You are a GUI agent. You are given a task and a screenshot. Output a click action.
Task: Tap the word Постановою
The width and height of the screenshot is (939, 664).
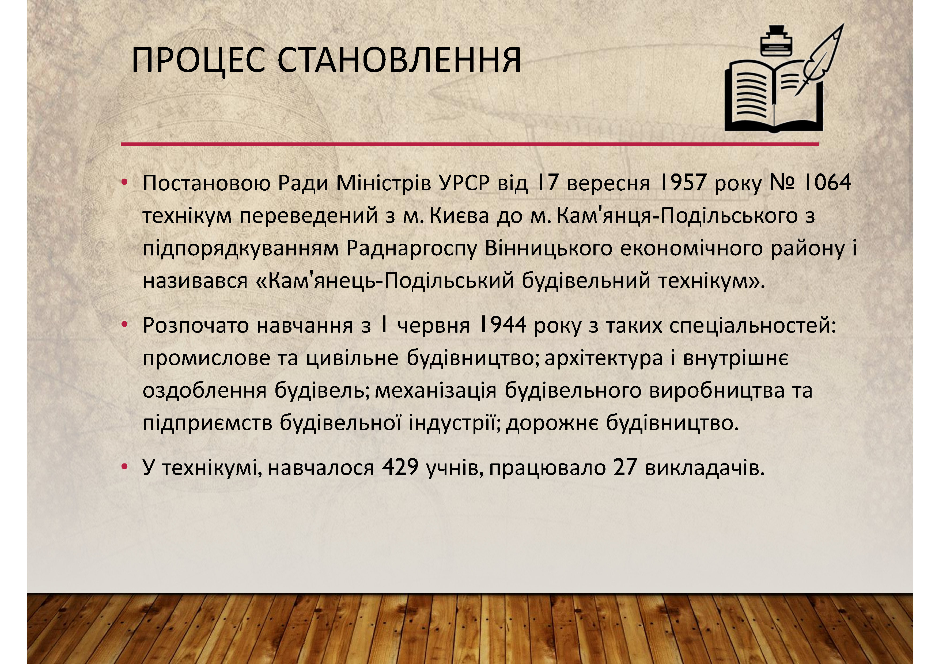pos(207,183)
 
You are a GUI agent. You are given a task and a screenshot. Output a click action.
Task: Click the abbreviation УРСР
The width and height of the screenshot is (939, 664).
pos(464,183)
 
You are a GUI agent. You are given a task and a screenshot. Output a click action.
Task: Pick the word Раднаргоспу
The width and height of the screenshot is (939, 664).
pos(411,248)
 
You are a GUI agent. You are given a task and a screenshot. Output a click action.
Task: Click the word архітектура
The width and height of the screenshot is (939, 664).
pos(604,359)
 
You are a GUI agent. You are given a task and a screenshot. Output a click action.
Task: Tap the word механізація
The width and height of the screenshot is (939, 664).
pos(436,391)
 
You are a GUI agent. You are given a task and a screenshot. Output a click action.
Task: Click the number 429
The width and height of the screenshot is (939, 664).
pos(400,467)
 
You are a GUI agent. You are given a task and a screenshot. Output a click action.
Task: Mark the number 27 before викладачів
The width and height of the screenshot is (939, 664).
pos(625,467)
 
